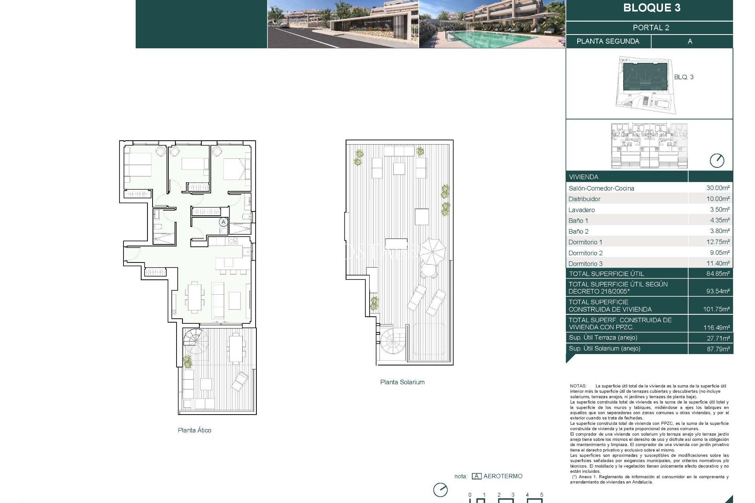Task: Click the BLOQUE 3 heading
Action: (652, 8)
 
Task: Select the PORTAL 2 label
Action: (651, 28)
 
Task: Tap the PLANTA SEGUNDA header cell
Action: (608, 41)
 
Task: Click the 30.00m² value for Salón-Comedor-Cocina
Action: (718, 188)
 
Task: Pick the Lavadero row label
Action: (582, 210)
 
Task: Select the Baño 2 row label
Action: (578, 231)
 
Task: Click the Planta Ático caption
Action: (194, 430)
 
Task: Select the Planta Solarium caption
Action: (402, 382)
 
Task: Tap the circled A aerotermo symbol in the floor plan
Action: (223, 222)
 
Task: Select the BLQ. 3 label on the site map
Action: (683, 77)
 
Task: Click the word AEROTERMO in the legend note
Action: (503, 476)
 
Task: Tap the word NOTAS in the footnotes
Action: (578, 386)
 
